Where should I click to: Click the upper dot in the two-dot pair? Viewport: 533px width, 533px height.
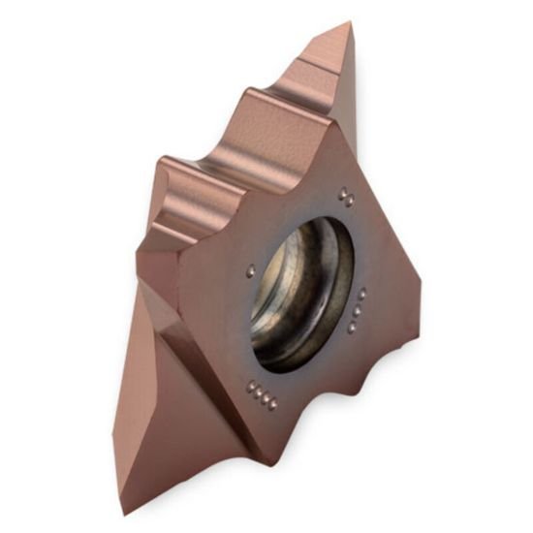tap(344, 193)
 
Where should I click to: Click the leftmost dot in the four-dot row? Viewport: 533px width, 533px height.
tap(249, 383)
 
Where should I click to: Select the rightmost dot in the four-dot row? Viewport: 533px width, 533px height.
tap(274, 402)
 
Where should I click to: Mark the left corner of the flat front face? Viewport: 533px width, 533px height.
tap(145, 247)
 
